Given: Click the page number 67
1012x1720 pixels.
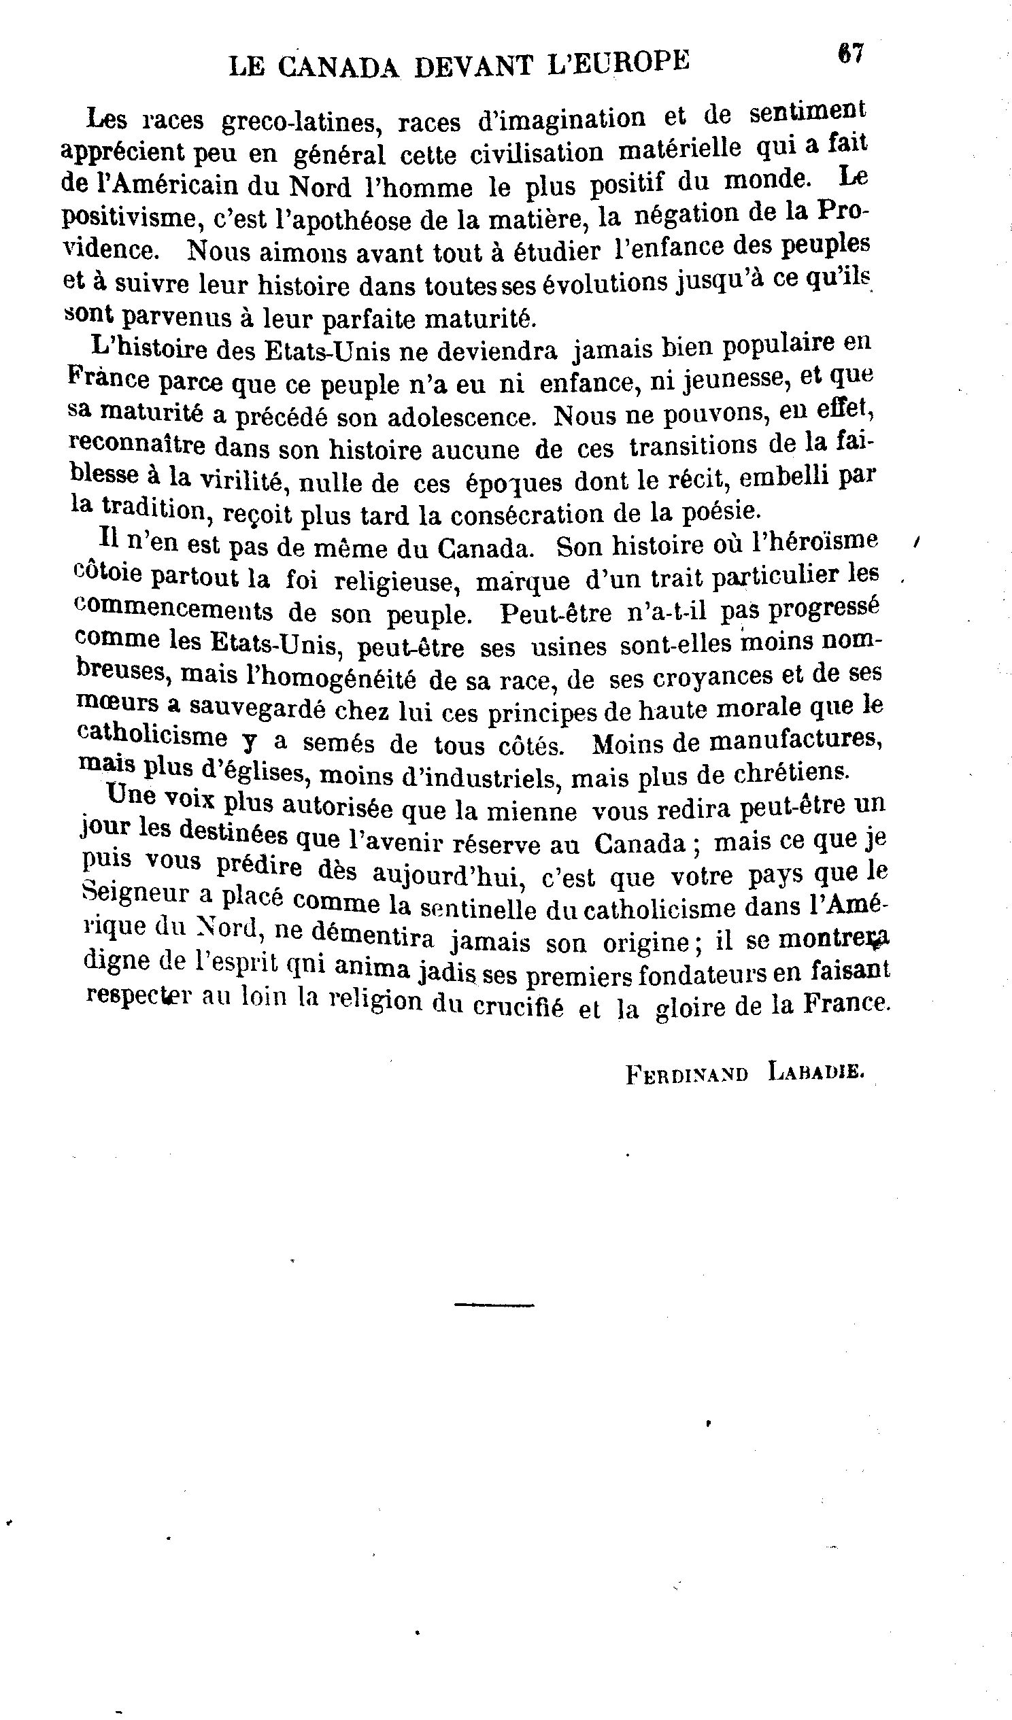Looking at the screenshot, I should [x=851, y=54].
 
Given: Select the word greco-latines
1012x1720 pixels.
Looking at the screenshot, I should [x=299, y=122].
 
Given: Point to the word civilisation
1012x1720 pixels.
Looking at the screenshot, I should [x=537, y=153].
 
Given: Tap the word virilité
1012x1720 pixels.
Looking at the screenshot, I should [x=239, y=481].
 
